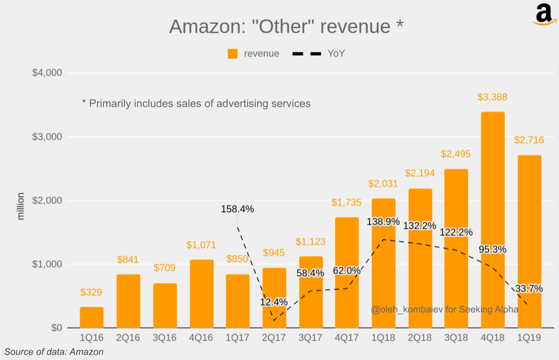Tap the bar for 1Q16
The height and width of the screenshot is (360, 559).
[92, 317]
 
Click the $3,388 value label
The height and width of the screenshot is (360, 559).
[492, 98]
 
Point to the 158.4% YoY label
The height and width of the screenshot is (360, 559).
[237, 209]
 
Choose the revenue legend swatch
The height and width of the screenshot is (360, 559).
[233, 54]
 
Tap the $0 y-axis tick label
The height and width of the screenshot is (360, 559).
[55, 328]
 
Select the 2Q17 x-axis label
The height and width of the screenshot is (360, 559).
[274, 338]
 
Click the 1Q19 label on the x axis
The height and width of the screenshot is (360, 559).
[529, 338]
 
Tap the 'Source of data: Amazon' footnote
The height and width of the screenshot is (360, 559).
[54, 352]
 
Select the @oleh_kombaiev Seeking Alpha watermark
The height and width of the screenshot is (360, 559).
[444, 309]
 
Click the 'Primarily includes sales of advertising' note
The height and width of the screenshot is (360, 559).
[196, 103]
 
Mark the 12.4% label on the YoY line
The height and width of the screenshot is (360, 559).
[274, 302]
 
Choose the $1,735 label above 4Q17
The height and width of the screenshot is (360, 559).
[346, 203]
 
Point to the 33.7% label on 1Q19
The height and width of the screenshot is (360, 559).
[528, 288]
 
